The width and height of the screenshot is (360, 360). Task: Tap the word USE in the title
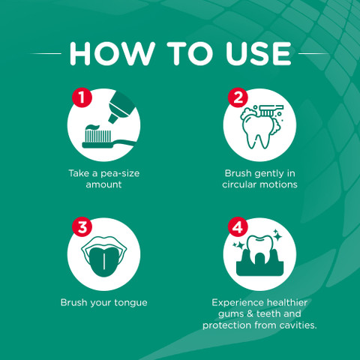[x=259, y=53]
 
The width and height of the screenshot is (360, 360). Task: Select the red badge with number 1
[x=82, y=97]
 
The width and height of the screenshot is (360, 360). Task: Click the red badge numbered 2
[x=238, y=97]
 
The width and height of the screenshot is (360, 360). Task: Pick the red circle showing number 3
[x=82, y=227]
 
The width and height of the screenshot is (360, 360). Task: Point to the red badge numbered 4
[x=238, y=227]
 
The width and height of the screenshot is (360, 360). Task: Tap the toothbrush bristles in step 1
[x=98, y=136]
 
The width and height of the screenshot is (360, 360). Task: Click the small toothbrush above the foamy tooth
[x=271, y=110]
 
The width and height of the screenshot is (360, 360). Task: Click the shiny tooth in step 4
[x=260, y=250]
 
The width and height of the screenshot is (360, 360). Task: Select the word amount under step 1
[x=103, y=184]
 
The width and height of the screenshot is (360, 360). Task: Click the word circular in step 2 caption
[x=239, y=184]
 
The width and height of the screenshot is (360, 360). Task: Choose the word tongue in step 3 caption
[x=130, y=303]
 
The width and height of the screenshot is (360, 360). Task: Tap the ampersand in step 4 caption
[x=250, y=313]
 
